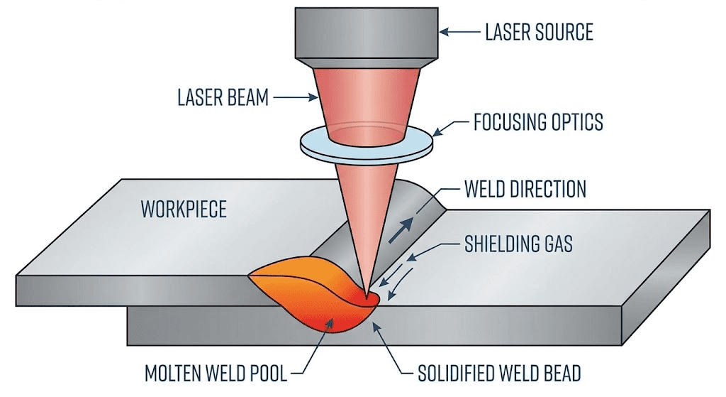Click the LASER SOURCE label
tap(539, 31)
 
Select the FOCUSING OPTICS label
tap(538, 122)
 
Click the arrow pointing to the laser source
tap(459, 31)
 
